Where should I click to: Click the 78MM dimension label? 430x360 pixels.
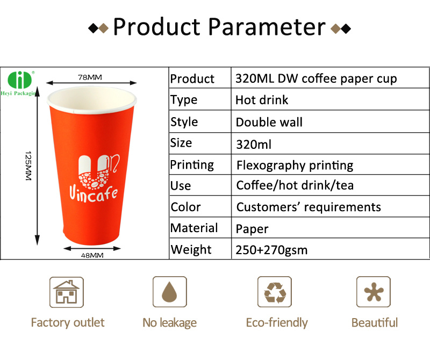(x=90, y=77)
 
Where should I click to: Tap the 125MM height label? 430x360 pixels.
(x=28, y=165)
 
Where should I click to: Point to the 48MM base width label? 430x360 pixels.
(x=92, y=256)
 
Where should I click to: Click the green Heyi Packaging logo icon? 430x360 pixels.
(x=20, y=80)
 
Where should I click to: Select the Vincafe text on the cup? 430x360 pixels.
(x=94, y=194)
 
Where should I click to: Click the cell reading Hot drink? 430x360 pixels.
(x=262, y=100)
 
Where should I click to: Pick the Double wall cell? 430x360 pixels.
(x=269, y=122)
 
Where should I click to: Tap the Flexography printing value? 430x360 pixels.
(x=295, y=165)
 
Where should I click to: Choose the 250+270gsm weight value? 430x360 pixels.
(x=271, y=250)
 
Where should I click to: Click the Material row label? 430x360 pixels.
(x=194, y=228)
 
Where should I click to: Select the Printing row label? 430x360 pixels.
(x=192, y=165)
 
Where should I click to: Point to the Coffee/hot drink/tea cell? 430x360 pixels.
(x=295, y=185)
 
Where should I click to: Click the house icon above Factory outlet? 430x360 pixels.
(x=66, y=292)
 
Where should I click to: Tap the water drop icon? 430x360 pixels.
(x=169, y=292)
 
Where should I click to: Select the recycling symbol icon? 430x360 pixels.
(x=275, y=292)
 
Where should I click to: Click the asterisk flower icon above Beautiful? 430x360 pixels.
(x=374, y=292)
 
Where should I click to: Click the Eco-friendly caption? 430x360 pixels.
(x=277, y=323)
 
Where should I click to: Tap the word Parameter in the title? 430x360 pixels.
(x=267, y=27)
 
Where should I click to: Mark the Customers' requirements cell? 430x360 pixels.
(x=309, y=207)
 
